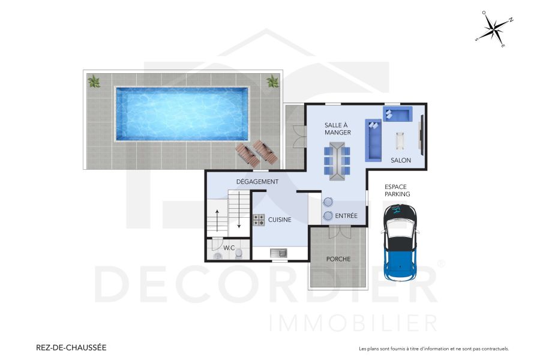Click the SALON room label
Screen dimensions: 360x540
tap(401, 160)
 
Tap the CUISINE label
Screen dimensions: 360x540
tap(280, 220)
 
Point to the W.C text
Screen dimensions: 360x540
tap(229, 248)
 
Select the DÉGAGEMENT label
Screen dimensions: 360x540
tap(257, 182)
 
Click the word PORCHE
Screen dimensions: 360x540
tap(338, 259)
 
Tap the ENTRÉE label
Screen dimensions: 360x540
tap(346, 216)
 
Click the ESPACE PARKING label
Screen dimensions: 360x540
tap(397, 190)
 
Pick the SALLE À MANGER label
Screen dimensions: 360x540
tap(338, 128)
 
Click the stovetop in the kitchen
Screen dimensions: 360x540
tap(259, 220)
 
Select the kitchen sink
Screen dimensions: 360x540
tap(278, 253)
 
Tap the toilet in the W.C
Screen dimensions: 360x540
tap(239, 254)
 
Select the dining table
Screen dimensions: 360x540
tap(338, 160)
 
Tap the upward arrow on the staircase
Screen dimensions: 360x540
tap(217, 220)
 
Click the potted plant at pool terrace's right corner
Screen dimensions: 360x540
tap(273, 81)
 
